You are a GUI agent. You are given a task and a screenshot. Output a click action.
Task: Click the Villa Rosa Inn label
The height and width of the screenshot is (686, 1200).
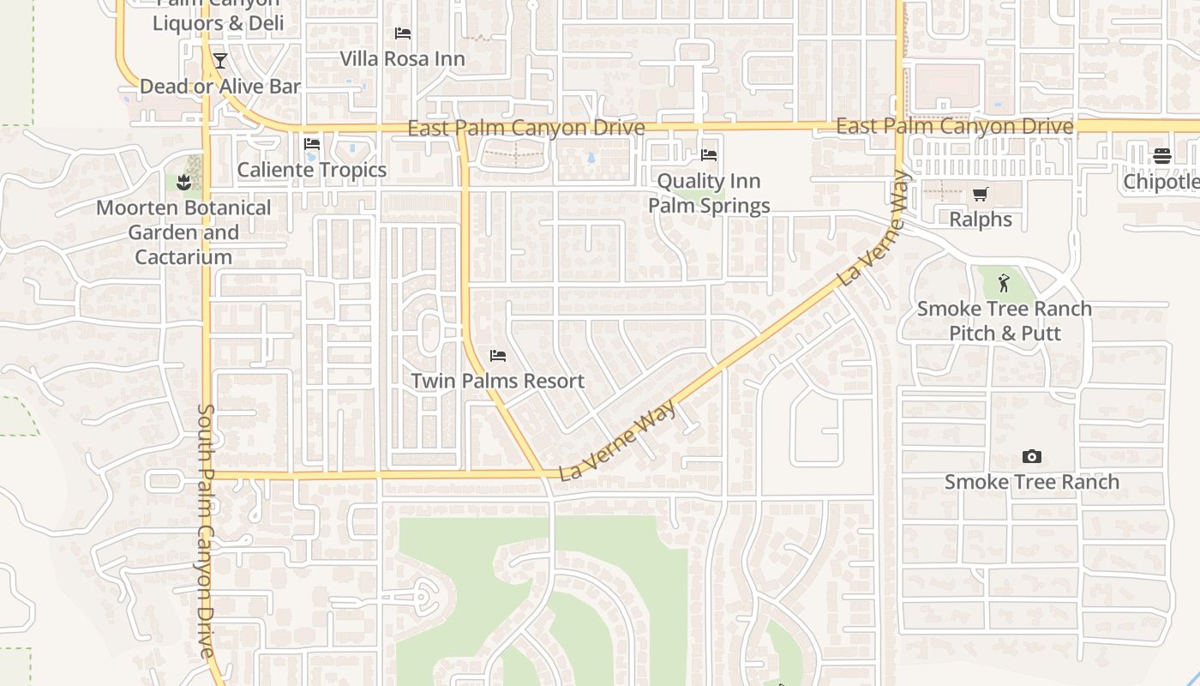tap(402, 59)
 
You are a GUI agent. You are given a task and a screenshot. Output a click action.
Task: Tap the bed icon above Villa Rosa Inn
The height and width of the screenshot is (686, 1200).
tap(402, 33)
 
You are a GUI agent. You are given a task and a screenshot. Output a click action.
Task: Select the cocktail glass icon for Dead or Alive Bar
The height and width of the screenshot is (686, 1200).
tap(220, 61)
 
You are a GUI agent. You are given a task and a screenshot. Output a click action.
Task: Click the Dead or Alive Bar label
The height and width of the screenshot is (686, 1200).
tap(220, 87)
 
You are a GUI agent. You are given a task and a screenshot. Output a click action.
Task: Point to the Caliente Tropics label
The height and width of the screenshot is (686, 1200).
tap(312, 170)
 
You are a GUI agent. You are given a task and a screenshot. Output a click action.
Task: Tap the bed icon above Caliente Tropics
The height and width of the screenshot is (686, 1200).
tap(312, 143)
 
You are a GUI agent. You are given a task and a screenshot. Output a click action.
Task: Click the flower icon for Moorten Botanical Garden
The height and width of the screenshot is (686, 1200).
tap(183, 182)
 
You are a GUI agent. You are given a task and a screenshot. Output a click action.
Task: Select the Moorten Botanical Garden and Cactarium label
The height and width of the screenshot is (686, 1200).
tap(183, 232)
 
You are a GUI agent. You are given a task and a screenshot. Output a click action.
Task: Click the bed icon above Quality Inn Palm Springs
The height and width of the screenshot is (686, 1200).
tap(709, 155)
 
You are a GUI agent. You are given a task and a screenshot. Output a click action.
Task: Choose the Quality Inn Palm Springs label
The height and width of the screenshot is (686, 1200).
tap(709, 193)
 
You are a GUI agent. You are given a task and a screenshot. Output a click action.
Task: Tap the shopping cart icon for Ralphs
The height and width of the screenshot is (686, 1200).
tap(981, 194)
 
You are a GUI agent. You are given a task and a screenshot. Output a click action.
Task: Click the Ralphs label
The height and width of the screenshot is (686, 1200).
tap(981, 220)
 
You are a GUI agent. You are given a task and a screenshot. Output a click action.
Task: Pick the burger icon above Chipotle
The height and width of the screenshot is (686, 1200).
tap(1162, 156)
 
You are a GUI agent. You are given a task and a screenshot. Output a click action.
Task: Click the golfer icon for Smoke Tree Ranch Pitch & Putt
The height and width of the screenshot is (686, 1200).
tap(1005, 283)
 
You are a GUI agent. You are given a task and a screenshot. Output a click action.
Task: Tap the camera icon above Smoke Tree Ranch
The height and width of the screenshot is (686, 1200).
tap(1032, 456)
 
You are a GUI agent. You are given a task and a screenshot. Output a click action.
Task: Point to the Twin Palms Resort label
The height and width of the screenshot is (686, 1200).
tap(497, 381)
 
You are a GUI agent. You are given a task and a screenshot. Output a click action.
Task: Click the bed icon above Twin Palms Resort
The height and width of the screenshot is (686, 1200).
tap(497, 355)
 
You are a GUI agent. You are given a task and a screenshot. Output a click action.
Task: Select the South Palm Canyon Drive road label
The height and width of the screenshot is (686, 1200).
tap(205, 532)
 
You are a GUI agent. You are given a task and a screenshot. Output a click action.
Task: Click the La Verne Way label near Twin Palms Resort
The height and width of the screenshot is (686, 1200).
tap(618, 440)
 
